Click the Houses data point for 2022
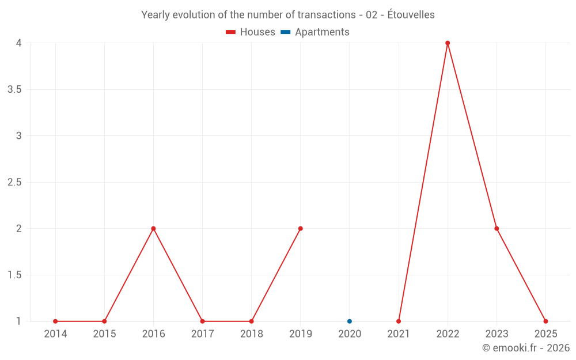448,43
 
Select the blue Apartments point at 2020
350,321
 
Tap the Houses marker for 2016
153,229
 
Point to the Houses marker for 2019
301,229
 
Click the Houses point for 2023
497,229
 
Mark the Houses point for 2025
545,321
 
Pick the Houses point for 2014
55,321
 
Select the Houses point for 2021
399,321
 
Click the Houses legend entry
251,32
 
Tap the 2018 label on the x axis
252,334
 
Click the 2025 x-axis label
545,334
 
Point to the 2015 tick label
104,334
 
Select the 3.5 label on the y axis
14,90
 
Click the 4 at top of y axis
19,43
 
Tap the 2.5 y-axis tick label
14,183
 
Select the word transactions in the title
327,15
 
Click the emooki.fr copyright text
525,348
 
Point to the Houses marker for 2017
202,321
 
